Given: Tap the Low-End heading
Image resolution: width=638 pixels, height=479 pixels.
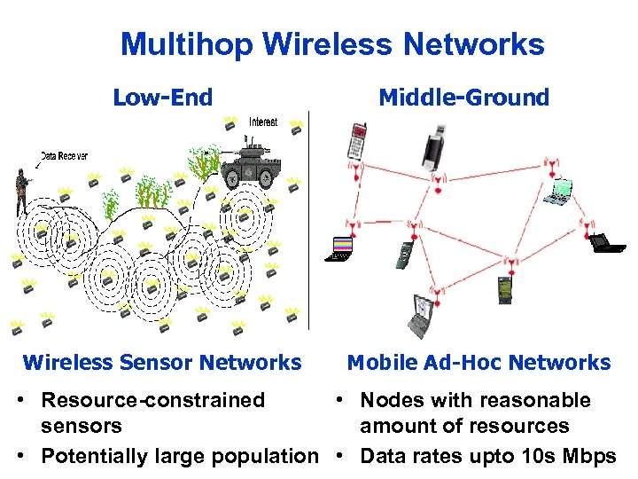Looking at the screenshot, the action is click(163, 98).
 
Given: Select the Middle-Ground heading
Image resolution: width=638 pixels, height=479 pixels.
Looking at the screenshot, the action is click(463, 98).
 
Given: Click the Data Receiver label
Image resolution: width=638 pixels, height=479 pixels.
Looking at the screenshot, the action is click(64, 156).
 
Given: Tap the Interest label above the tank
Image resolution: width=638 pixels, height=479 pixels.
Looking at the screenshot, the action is click(262, 122).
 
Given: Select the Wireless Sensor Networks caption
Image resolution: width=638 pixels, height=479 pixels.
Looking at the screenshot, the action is click(162, 362).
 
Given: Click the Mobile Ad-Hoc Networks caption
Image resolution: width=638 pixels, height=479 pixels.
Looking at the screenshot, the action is click(478, 362).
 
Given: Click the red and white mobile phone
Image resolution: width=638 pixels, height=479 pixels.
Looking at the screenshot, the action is click(358, 141).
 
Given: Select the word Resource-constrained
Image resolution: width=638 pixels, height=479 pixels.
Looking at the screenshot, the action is click(153, 400).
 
